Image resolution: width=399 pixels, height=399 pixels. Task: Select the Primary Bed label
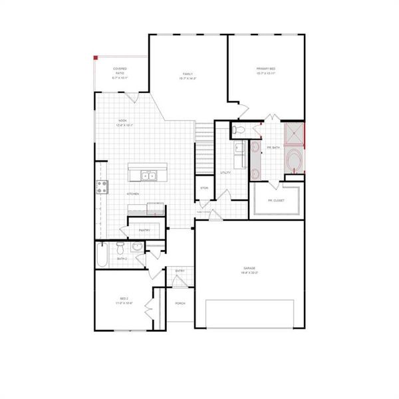(x=266, y=71)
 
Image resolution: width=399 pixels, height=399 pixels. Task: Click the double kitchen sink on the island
(x=148, y=176)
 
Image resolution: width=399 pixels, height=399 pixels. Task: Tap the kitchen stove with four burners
(x=102, y=188)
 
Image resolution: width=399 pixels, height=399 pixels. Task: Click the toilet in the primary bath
(x=241, y=128)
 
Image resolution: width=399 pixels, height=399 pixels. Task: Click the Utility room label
(x=225, y=172)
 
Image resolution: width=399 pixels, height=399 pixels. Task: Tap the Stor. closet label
(x=204, y=188)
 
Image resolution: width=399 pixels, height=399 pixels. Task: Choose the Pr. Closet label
(x=276, y=200)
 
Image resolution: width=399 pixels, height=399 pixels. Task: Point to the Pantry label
(x=144, y=230)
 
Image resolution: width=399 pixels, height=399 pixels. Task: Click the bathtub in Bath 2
(x=102, y=255)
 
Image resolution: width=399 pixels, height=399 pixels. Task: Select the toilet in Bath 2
(x=120, y=248)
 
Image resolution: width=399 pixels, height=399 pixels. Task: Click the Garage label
(x=249, y=270)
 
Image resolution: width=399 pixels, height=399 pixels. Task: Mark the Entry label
(x=180, y=271)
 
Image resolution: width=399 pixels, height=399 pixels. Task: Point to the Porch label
(x=180, y=303)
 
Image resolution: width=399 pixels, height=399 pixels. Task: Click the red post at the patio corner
(x=95, y=57)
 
